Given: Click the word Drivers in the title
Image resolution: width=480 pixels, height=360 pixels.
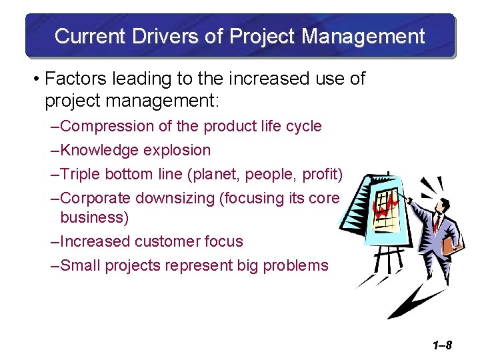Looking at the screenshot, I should click(x=157, y=36).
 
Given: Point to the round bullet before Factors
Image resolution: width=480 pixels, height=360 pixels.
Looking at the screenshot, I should click(x=36, y=79).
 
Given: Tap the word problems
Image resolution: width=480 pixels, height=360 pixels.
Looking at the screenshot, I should click(x=295, y=265).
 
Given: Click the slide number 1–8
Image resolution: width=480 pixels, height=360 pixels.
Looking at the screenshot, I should click(x=441, y=345).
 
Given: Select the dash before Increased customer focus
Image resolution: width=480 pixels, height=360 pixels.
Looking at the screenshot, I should click(x=55, y=241).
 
